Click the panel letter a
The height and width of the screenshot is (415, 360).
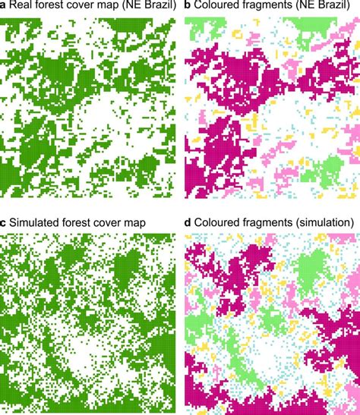point(4,8)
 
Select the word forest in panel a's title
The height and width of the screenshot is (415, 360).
point(50,8)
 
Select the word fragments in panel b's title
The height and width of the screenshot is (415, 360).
point(273,8)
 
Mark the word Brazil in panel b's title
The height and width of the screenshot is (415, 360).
point(338,8)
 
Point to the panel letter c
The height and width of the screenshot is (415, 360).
point(4,222)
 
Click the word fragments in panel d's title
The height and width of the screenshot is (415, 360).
point(273,222)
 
